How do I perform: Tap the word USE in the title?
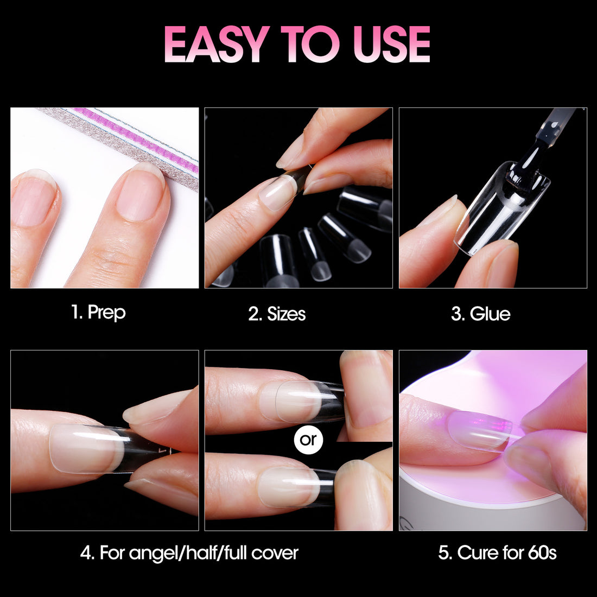(x=392, y=44)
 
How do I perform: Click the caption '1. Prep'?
(x=98, y=313)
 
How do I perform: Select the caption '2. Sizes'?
(x=277, y=314)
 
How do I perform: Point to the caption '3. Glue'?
(x=480, y=314)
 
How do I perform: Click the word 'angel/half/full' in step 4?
(x=188, y=553)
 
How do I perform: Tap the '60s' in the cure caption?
(x=542, y=553)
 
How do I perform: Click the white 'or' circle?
(x=308, y=440)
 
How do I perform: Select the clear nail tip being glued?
(x=502, y=207)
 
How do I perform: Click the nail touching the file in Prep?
(x=141, y=192)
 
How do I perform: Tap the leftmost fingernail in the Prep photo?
(x=34, y=198)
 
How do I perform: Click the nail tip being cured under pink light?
(x=480, y=430)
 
